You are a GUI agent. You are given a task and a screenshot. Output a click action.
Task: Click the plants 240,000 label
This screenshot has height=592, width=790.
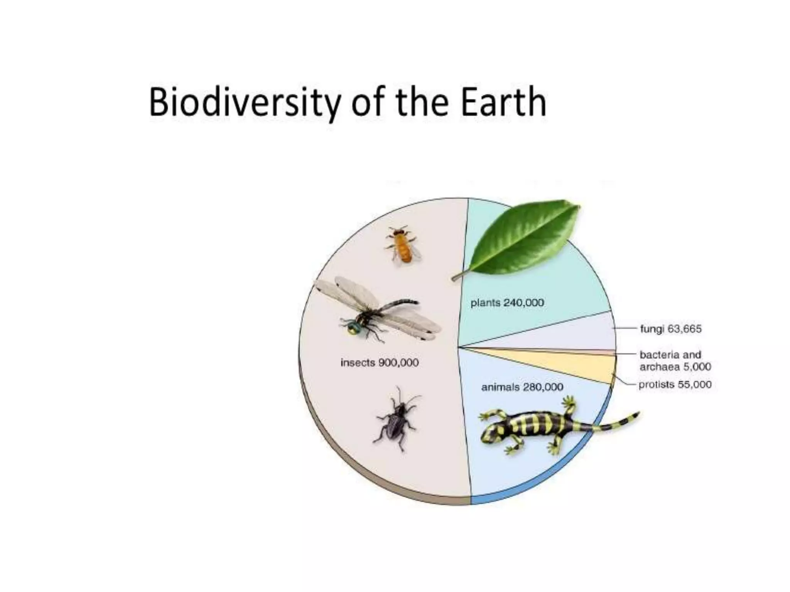[x=507, y=303]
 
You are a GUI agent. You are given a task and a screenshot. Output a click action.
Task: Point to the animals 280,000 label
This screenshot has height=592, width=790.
[x=522, y=387]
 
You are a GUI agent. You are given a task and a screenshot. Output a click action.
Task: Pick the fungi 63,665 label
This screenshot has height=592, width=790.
[x=670, y=329]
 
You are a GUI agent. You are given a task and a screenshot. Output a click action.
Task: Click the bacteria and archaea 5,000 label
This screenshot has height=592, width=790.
[x=675, y=361]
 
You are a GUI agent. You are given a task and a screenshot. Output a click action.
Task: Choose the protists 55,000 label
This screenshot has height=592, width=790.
[x=675, y=385]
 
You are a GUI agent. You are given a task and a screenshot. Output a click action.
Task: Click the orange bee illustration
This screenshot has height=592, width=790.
[x=403, y=245]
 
